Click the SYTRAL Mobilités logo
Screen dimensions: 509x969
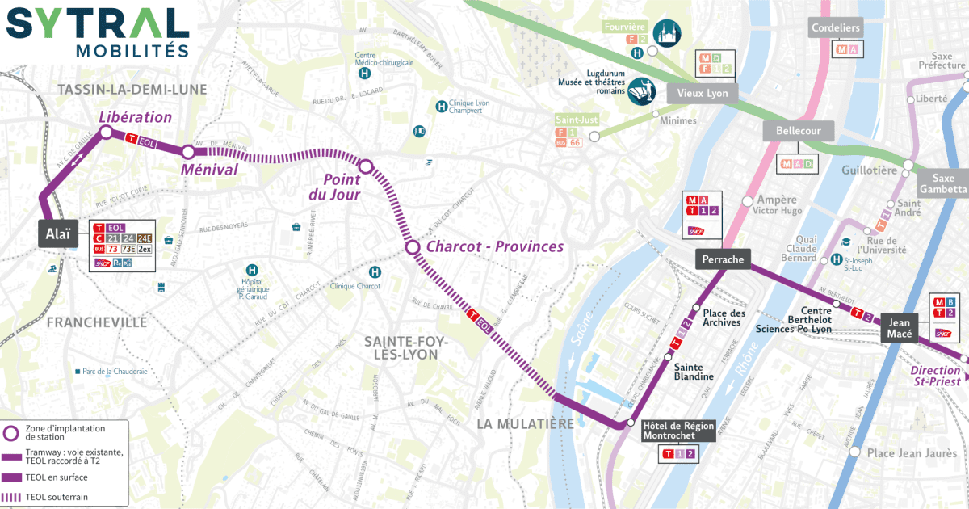pyautogui.click(x=98, y=32)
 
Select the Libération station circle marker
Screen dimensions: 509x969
pyautogui.click(x=105, y=133)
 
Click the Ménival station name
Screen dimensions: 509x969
pyautogui.click(x=208, y=170)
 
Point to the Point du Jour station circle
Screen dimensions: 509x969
pyautogui.click(x=365, y=167)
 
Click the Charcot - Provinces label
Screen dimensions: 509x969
pyautogui.click(x=494, y=246)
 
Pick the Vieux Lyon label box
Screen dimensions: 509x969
pyautogui.click(x=702, y=94)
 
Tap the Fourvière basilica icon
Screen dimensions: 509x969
pyautogui.click(x=667, y=32)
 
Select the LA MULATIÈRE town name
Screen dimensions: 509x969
pyautogui.click(x=525, y=423)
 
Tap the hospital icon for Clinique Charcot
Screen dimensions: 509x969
pyautogui.click(x=375, y=272)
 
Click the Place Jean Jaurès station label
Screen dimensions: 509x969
pyautogui.click(x=912, y=453)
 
